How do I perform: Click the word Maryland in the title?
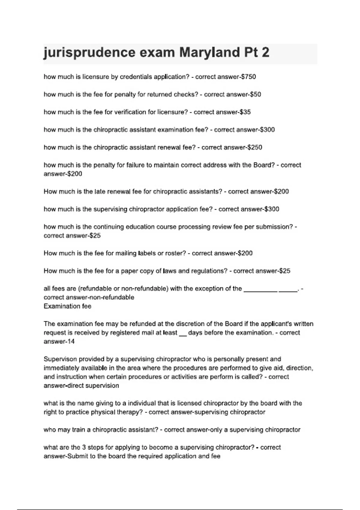[209, 52]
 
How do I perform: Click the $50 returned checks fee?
[255, 94]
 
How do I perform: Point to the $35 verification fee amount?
[245, 112]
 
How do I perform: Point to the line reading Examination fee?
[67, 306]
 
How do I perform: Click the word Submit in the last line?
[78, 456]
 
